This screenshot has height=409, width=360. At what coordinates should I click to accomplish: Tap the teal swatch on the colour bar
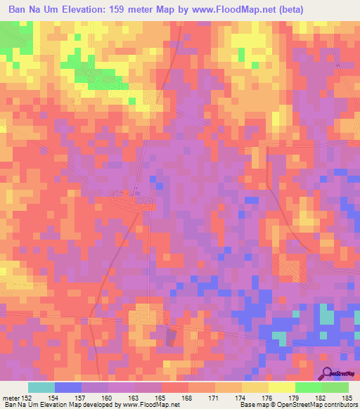pos(41,388)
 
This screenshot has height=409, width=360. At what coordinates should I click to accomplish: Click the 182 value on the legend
pos(321,398)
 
